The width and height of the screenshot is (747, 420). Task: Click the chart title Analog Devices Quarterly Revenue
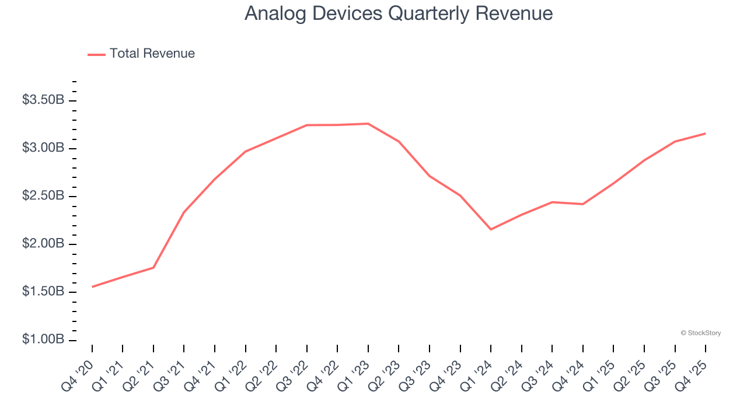(x=399, y=13)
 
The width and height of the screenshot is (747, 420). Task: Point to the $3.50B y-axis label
(x=43, y=100)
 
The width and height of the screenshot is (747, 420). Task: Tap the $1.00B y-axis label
(x=43, y=339)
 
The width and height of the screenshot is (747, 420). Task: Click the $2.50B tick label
(x=43, y=196)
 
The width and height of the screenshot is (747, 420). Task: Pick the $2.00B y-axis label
(x=43, y=244)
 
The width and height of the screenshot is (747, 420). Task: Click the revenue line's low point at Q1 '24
(x=491, y=229)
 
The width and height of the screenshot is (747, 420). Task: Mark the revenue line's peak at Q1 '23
(x=368, y=124)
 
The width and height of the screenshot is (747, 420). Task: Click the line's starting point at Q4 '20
(x=92, y=287)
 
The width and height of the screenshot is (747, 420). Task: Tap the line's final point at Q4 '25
(x=706, y=134)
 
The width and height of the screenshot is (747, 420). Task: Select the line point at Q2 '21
(x=153, y=268)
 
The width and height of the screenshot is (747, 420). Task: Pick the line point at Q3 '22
(x=307, y=125)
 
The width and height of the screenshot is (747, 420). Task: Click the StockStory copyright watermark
(x=700, y=333)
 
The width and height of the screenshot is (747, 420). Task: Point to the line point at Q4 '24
(x=583, y=204)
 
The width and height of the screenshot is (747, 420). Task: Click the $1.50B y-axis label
(x=43, y=292)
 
